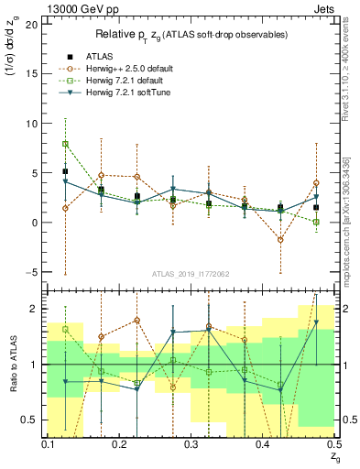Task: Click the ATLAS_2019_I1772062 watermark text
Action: click(189, 274)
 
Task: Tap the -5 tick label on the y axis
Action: click(34, 272)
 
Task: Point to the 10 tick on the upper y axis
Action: click(34, 123)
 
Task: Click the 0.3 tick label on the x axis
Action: click(191, 444)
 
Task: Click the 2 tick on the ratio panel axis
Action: click(37, 309)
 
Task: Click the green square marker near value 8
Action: click(65, 144)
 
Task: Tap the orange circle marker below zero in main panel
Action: click(280, 240)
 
